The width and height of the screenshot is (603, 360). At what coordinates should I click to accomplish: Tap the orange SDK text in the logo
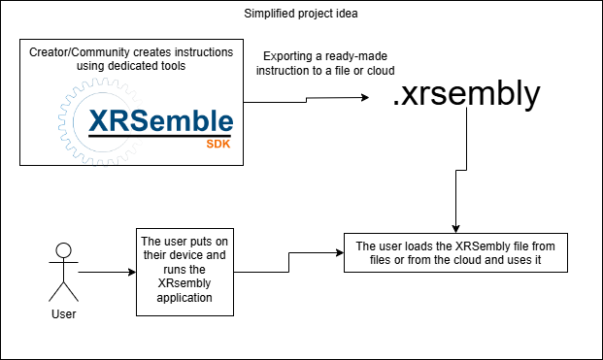point(218,143)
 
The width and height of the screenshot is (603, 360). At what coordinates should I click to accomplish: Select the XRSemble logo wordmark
point(160,121)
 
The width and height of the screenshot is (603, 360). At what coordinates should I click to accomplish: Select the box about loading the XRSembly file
point(455,252)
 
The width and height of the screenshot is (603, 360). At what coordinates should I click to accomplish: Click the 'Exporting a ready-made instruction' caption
point(327,63)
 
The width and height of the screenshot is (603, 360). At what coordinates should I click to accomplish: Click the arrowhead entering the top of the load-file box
point(455,228)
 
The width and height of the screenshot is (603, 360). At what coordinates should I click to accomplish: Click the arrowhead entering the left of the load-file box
point(340,252)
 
